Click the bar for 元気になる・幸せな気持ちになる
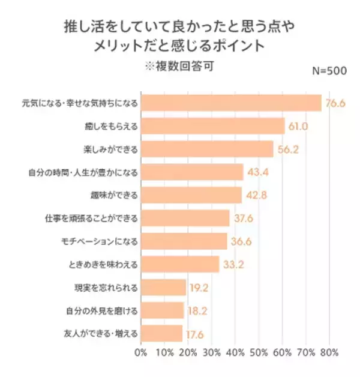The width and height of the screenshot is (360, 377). pyautogui.click(x=231, y=103)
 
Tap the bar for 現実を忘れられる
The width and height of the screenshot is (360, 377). pyautogui.click(x=163, y=288)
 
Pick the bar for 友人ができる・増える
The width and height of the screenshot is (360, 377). pyautogui.click(x=161, y=333)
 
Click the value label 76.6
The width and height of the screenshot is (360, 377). pyautogui.click(x=336, y=103)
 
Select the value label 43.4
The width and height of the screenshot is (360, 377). pyautogui.click(x=257, y=172)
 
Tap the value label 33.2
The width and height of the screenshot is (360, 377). pyautogui.click(x=233, y=265)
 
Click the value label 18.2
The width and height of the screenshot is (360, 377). pyautogui.click(x=198, y=310)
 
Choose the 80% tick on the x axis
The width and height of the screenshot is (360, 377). pyautogui.click(x=330, y=352)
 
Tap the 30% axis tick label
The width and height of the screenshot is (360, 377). pyautogui.click(x=212, y=352)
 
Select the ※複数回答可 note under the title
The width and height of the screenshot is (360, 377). pyautogui.click(x=180, y=65)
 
